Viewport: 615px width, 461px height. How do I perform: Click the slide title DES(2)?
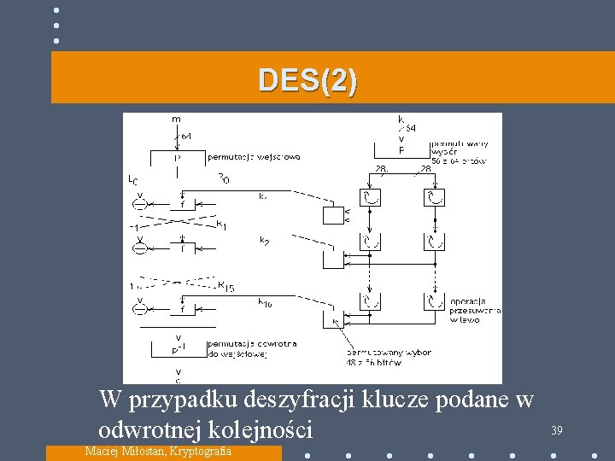pyautogui.click(x=308, y=80)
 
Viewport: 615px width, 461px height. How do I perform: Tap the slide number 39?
pyautogui.click(x=556, y=430)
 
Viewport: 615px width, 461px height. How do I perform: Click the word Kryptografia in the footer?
pyautogui.click(x=200, y=451)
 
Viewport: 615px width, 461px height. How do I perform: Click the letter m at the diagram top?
pyautogui.click(x=176, y=120)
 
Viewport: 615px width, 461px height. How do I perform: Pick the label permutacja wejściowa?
pyautogui.click(x=254, y=157)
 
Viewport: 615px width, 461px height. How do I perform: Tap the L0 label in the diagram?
pyautogui.click(x=132, y=180)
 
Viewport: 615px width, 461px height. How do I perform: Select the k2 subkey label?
pyautogui.click(x=265, y=241)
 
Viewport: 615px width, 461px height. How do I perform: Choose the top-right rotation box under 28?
pyautogui.click(x=434, y=198)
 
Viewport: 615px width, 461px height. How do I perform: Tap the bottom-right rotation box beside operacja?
pyautogui.click(x=434, y=301)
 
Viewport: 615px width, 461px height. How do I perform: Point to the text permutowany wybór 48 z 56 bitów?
pyautogui.click(x=389, y=357)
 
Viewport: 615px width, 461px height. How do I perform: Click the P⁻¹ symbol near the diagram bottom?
pyautogui.click(x=179, y=350)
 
